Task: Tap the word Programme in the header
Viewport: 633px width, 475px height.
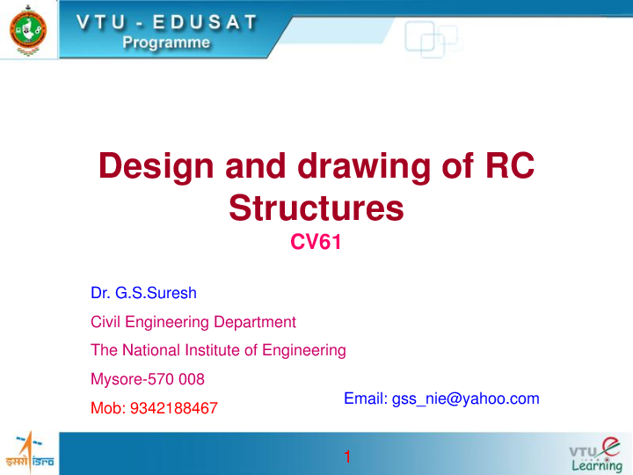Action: coord(166,42)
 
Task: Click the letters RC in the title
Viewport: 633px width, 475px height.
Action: coord(509,167)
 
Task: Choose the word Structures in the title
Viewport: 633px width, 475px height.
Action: coord(316,208)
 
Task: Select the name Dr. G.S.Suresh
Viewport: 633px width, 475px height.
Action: coord(143,294)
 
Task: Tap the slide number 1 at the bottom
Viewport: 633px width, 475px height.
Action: coord(348,456)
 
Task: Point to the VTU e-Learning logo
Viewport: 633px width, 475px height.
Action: coord(594,452)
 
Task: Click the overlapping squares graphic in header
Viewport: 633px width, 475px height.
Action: coord(432,38)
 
